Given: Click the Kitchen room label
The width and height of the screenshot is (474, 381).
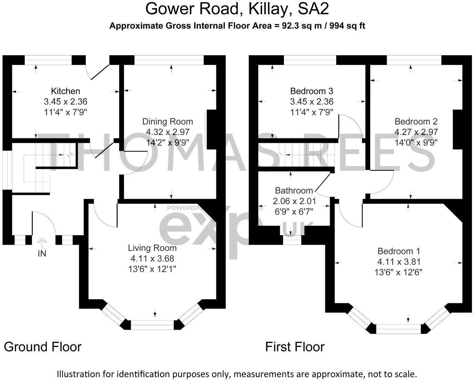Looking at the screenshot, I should (65, 91).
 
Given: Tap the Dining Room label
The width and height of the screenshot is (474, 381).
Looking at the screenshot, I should (167, 121).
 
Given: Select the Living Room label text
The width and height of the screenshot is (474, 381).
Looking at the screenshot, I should (152, 248).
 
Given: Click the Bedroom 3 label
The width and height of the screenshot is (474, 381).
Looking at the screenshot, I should (311, 91).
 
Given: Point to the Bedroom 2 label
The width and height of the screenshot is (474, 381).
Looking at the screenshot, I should (416, 121).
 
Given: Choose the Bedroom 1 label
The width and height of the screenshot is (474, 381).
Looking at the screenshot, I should (399, 251).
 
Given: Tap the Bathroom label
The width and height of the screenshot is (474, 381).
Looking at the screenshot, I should (294, 190).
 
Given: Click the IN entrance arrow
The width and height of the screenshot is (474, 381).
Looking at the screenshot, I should (42, 243).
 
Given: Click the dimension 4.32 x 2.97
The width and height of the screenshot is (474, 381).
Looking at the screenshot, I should (167, 132).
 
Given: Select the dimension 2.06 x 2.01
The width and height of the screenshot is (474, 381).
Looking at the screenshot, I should (294, 201).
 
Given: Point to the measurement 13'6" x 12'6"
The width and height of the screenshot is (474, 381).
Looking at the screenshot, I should (399, 272).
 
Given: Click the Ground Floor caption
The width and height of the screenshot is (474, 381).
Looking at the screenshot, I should (43, 347).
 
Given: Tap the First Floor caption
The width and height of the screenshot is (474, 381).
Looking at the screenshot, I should (295, 347).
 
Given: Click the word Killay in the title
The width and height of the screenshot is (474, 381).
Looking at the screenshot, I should (268, 9).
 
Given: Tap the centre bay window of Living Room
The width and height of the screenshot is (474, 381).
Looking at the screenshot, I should (153, 325).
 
